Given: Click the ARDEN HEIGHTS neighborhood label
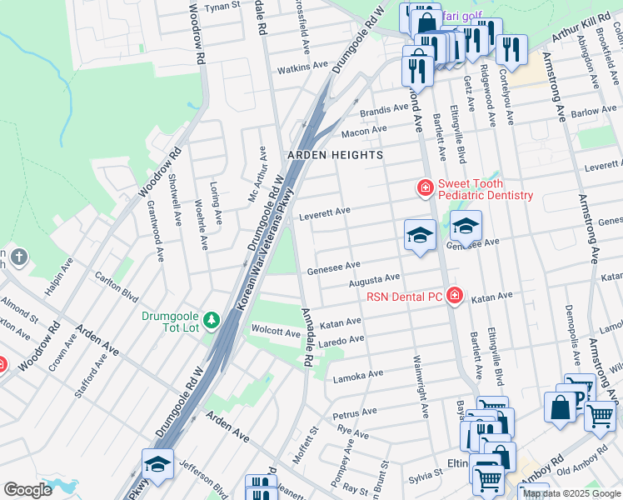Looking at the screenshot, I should click(335, 155).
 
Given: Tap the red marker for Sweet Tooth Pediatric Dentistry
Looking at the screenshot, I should click(425, 189).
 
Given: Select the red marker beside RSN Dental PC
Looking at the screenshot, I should click(454, 295).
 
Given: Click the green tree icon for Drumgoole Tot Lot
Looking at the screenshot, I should click(212, 319).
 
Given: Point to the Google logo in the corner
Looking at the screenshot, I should click(27, 490).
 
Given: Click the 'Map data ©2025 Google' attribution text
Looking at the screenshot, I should click(572, 494).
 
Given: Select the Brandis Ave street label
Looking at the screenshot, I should click(384, 111).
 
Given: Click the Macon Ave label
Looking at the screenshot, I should click(364, 131).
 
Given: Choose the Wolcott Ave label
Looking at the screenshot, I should click(276, 332).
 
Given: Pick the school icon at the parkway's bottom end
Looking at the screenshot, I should click(157, 465).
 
